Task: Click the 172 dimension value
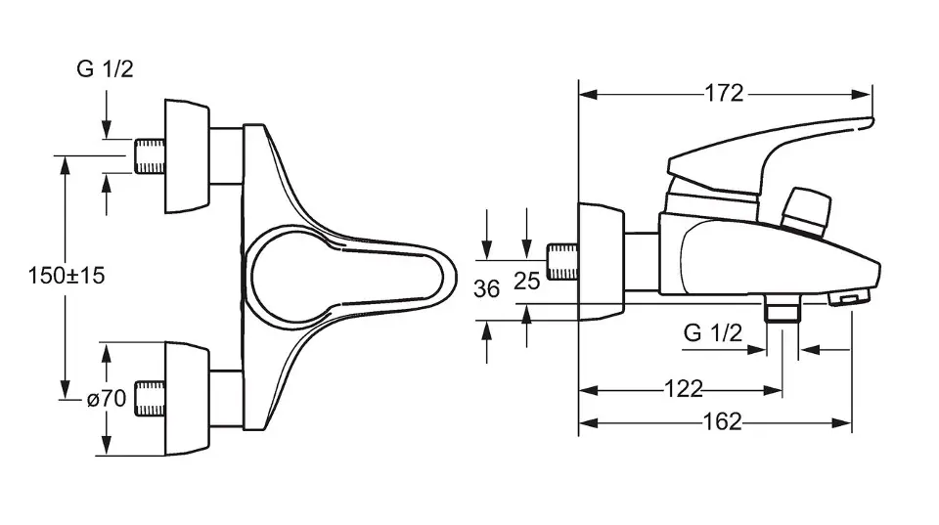pos(724,94)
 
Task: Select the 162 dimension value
pos(722,422)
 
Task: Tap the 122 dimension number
pos(684,390)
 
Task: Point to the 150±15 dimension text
pos(67,276)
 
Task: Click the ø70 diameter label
pos(107,398)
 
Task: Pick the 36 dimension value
pos(486,289)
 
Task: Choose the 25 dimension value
pos(527,281)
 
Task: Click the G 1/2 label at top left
pos(105,68)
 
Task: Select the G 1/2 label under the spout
pos(713,332)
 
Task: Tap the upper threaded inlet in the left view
pos(150,156)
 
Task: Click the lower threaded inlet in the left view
pos(150,399)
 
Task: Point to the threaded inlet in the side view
pos(563,262)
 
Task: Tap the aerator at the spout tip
pos(849,297)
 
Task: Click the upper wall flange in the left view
pos(188,156)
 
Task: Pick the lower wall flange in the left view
pos(188,399)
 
